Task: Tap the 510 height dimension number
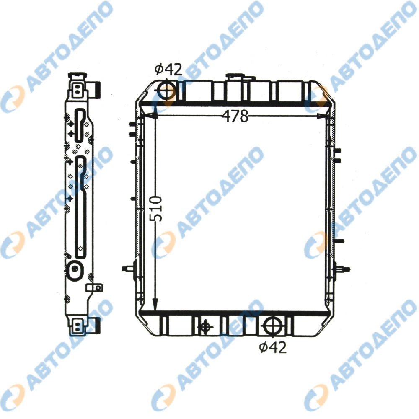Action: pyautogui.click(x=156, y=209)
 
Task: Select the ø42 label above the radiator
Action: pyautogui.click(x=168, y=69)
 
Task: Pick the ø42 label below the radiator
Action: pyautogui.click(x=273, y=347)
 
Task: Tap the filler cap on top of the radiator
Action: pyautogui.click(x=235, y=78)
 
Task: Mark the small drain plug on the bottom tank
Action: pyautogui.click(x=205, y=326)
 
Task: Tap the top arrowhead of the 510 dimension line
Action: pyautogui.click(x=155, y=111)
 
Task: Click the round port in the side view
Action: pyautogui.click(x=76, y=269)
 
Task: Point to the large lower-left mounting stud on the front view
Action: pyautogui.click(x=128, y=269)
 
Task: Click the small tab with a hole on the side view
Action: pyautogui.click(x=94, y=288)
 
